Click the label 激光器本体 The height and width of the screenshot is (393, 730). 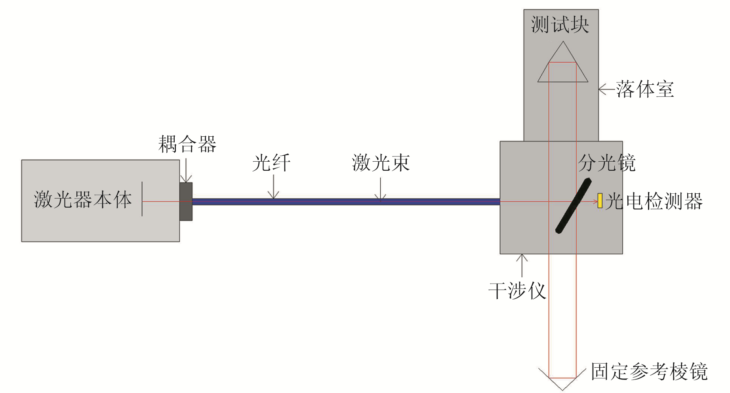tap(83, 199)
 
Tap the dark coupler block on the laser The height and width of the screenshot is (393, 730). tap(186, 201)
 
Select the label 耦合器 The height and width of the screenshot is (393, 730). tap(187, 144)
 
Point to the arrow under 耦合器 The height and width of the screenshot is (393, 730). tap(186, 170)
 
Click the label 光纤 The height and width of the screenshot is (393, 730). tap(271, 163)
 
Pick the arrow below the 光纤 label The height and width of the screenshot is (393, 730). tap(273, 187)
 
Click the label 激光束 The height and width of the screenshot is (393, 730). tap(381, 163)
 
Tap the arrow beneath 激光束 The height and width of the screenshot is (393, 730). tap(381, 189)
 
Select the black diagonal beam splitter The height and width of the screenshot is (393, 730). tap(573, 206)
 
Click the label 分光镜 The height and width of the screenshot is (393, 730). tap(606, 163)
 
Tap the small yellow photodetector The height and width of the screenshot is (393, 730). tap(600, 200)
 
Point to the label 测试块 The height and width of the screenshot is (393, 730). tap(560, 25)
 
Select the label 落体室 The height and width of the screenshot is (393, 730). tap(645, 89)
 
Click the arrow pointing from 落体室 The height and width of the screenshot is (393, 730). tap(606, 89)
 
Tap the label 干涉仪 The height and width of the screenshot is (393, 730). tap(517, 291)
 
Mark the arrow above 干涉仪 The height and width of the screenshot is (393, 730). tap(522, 265)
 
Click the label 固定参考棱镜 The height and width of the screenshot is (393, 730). tap(649, 372)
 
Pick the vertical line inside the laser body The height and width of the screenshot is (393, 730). tap(142, 199)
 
